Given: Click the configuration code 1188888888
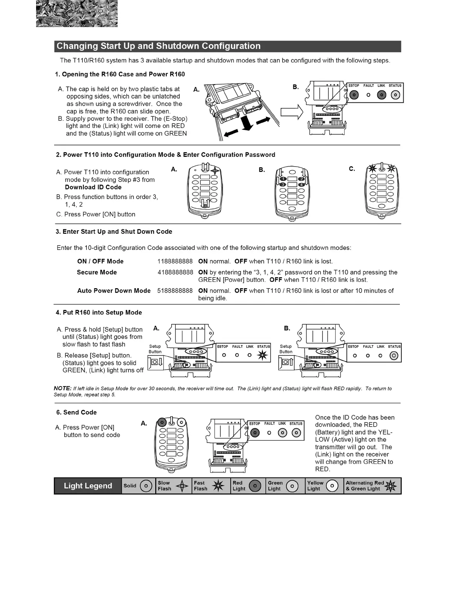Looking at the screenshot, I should pyautogui.click(x=175, y=262).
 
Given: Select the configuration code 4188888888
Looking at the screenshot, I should pyautogui.click(x=175, y=272).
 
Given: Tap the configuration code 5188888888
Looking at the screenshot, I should pyautogui.click(x=175, y=291).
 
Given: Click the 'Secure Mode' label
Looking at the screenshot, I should pyautogui.click(x=97, y=272).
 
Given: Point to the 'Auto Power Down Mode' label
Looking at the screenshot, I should pyautogui.click(x=114, y=291).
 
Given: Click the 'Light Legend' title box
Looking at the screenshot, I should pyautogui.click(x=88, y=486).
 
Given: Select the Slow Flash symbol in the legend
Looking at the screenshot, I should pyautogui.click(x=182, y=486).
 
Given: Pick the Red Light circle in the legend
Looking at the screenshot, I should pyautogui.click(x=255, y=486).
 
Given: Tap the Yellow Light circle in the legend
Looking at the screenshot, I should pyautogui.click(x=332, y=486).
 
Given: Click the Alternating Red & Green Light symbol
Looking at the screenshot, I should pyautogui.click(x=391, y=486).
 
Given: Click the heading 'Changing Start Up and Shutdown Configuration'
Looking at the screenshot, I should pyautogui.click(x=158, y=46).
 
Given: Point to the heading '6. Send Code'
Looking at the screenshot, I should pyautogui.click(x=77, y=412).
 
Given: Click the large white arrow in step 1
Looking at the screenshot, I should pyautogui.click(x=292, y=112).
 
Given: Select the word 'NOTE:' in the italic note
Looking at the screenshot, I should pyautogui.click(x=62, y=388).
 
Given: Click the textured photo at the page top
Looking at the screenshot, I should pyautogui.click(x=77, y=14).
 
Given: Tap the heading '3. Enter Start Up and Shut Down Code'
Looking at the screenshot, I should pyautogui.click(x=114, y=232).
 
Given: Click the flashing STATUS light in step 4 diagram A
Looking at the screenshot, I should pyautogui.click(x=262, y=355).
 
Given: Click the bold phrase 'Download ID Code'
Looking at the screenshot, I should pyautogui.click(x=93, y=187).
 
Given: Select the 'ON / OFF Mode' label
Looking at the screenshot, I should pyautogui.click(x=100, y=262).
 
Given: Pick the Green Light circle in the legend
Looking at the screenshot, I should pyautogui.click(x=292, y=486).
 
